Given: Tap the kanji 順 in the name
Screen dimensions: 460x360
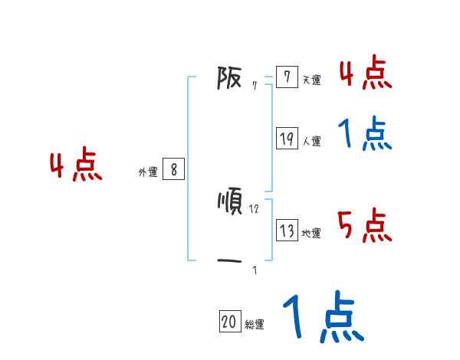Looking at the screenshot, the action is (230, 201).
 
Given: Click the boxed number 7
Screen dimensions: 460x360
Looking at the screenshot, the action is (286, 77).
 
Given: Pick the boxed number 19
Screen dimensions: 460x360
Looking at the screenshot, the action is (287, 139).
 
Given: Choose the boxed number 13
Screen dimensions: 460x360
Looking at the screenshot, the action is (287, 231).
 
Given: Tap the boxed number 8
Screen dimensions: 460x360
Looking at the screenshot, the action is (173, 170).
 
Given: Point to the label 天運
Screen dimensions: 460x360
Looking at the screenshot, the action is (311, 80).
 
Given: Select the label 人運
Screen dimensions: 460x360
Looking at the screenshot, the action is (311, 141).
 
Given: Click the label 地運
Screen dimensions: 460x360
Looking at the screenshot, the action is (311, 234).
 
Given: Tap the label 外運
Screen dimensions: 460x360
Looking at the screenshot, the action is (148, 172).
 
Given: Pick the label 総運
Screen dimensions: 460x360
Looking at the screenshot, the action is (255, 325).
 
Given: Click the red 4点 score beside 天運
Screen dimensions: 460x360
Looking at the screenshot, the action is (365, 73).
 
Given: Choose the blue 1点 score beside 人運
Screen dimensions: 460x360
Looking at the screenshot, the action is (365, 134).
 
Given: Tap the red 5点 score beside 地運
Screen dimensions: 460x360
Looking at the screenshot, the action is (365, 226).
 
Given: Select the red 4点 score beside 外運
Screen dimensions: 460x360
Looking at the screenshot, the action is (76, 166).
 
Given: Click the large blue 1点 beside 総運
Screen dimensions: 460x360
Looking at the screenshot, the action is (322, 318).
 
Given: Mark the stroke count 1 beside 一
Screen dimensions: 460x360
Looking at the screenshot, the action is (255, 270).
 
